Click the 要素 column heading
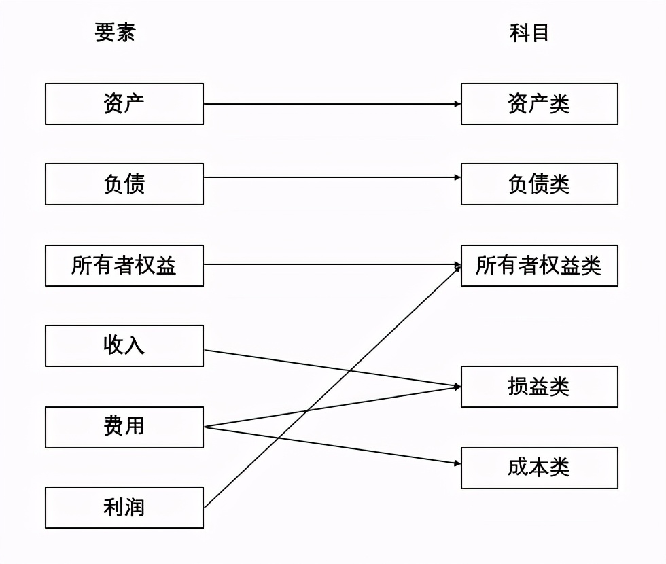(x=116, y=33)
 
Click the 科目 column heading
(x=529, y=33)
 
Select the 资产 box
(x=124, y=104)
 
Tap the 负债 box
(x=124, y=184)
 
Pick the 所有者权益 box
(x=124, y=265)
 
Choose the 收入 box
(x=124, y=346)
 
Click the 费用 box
(x=124, y=427)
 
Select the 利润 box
(x=124, y=508)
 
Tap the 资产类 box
(x=540, y=104)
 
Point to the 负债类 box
(x=540, y=184)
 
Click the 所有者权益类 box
(x=540, y=265)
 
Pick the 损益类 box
(x=540, y=387)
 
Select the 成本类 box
(x=540, y=468)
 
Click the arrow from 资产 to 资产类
(x=333, y=104)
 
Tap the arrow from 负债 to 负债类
(x=333, y=177)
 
